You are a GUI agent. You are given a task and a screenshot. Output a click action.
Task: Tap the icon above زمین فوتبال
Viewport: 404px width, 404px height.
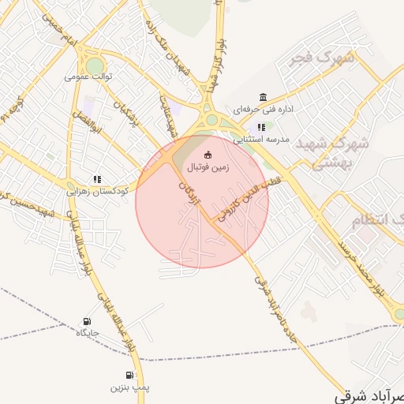click(208, 155)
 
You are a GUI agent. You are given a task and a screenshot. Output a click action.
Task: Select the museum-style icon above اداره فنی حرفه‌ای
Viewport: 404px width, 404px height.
click(263, 97)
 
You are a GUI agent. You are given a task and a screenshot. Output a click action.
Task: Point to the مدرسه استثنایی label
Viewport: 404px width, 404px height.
click(261, 139)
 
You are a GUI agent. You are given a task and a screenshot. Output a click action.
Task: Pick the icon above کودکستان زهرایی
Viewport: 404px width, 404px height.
click(97, 179)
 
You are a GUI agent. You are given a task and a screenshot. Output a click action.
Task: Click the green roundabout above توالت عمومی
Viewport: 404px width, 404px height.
click(95, 64)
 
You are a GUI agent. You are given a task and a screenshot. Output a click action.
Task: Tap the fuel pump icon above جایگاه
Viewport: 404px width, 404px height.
click(86, 321)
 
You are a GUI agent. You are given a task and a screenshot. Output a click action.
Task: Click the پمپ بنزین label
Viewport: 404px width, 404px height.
click(129, 387)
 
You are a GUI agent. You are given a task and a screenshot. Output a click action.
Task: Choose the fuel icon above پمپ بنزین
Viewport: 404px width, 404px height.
click(129, 375)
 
